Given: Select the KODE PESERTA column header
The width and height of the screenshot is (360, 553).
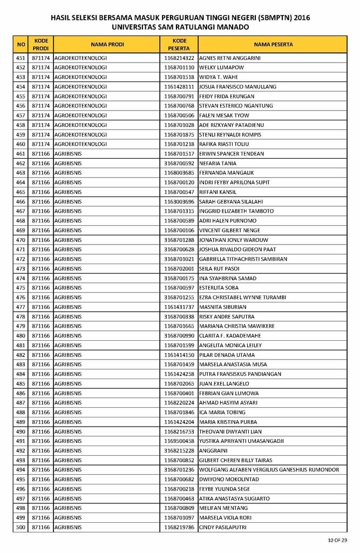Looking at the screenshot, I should point(179,44).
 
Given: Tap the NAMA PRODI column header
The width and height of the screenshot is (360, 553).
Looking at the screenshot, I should point(107,44).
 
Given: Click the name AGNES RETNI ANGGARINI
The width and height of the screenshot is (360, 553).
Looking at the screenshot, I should point(229,58).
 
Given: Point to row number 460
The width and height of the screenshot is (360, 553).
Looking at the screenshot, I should point(21,144).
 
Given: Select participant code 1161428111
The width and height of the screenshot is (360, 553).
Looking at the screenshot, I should point(179,86).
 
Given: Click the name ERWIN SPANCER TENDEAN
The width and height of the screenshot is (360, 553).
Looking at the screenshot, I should point(232,154).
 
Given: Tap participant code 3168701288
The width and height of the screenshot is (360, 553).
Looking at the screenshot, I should point(179,240).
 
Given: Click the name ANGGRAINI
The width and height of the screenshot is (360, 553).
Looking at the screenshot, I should point(213,450).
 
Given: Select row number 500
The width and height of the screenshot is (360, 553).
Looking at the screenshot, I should point(21,527).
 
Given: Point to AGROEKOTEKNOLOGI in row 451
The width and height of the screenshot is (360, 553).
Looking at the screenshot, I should point(80,58).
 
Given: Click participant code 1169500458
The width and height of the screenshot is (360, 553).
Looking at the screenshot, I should point(179,441).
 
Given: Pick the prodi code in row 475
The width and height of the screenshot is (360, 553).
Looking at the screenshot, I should point(40,288).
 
